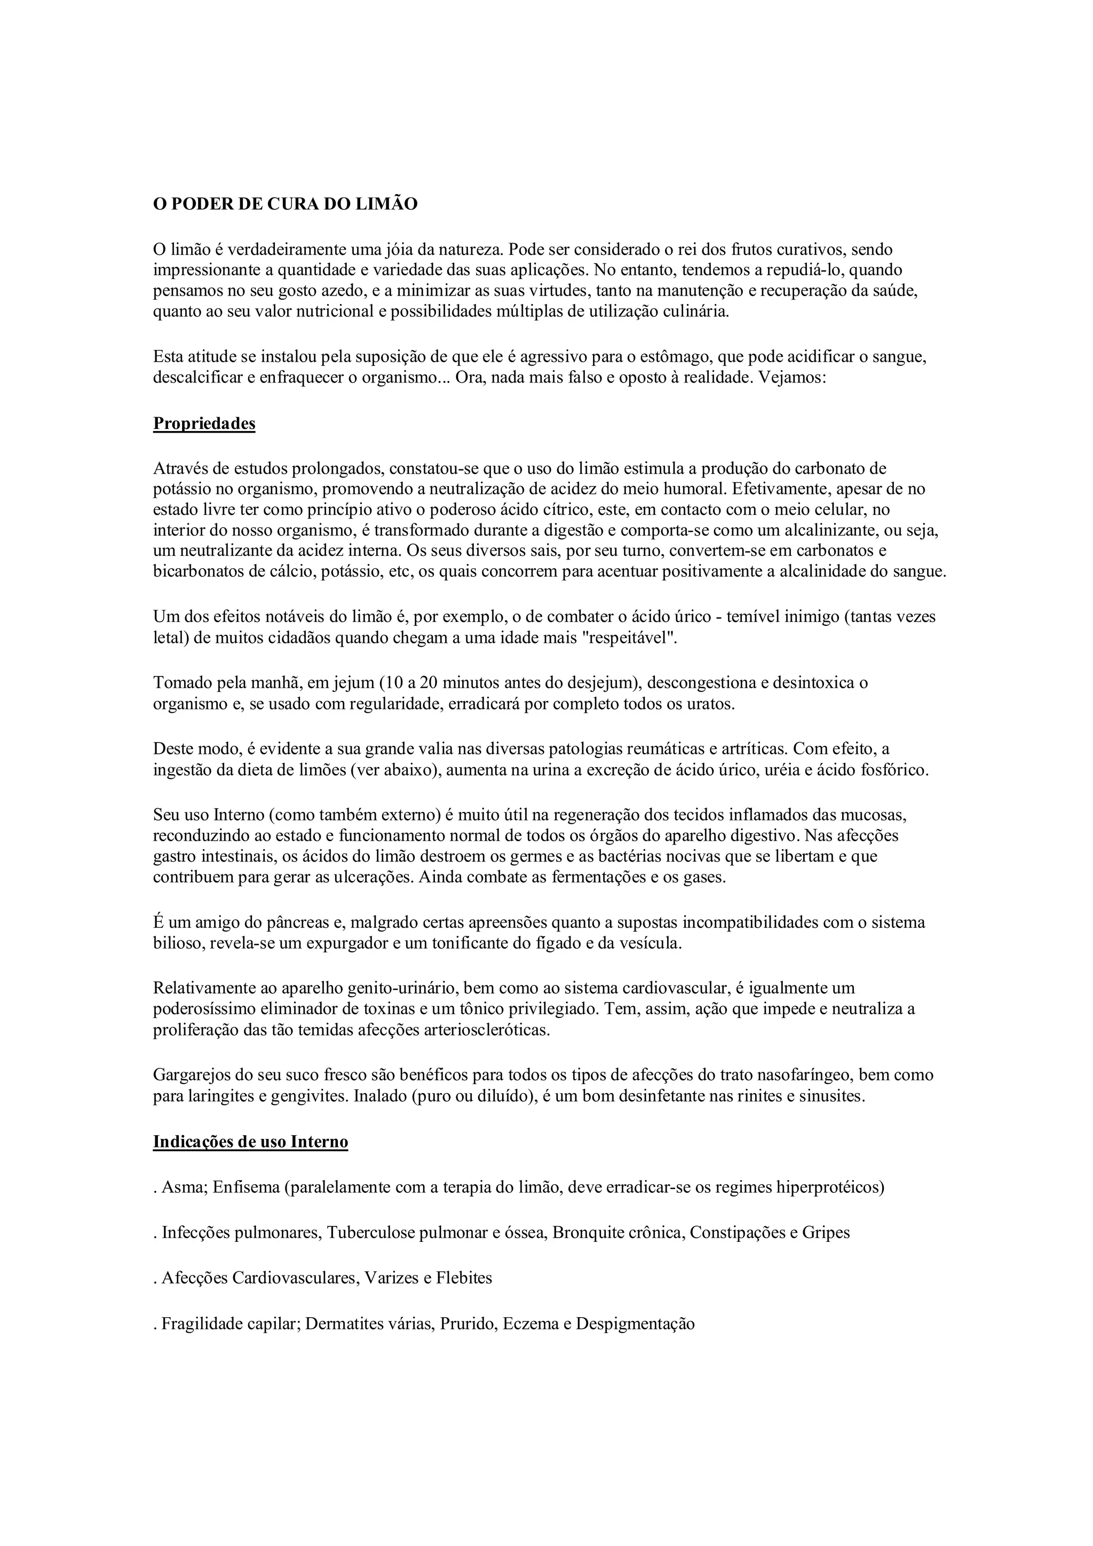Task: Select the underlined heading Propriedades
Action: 204,424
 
